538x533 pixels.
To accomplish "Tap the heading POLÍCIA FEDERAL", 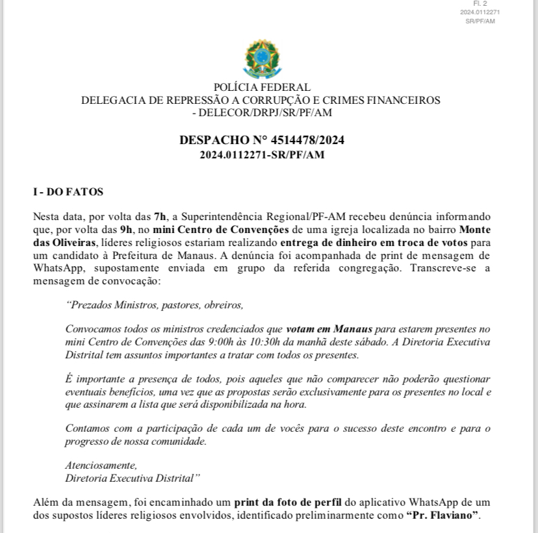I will [262, 88].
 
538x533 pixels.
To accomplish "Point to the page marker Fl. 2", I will [480, 4].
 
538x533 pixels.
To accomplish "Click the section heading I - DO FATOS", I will [68, 192].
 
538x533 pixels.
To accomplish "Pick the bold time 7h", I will [160, 216].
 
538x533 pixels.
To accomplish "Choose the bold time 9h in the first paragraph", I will [127, 229].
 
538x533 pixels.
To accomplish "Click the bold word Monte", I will [475, 229].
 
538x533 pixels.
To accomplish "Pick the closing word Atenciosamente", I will [101, 465].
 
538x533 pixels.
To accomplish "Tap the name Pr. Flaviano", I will [442, 515].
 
